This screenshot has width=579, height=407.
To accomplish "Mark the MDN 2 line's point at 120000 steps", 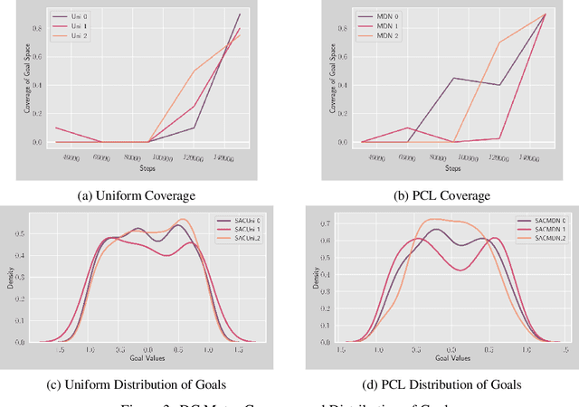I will (498, 43).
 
